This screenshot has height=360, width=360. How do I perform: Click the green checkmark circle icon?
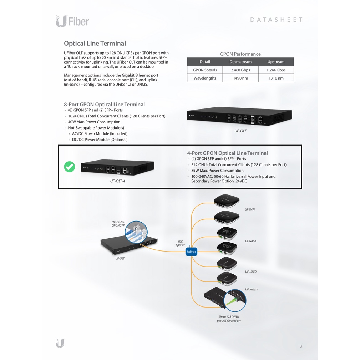coord(70,167)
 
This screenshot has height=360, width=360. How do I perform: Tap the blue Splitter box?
coord(191,252)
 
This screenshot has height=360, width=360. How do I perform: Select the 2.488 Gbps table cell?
coord(240,70)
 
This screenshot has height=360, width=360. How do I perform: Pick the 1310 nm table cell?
coord(276,78)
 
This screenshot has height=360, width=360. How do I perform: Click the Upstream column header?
coord(276,62)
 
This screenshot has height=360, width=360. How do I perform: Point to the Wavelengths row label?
coord(205,78)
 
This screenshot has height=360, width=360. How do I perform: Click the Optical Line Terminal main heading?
coord(95,44)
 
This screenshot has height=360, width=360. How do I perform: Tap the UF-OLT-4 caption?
coord(117,181)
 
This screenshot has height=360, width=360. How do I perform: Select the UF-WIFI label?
coord(250,209)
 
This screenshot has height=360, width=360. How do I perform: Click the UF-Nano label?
coord(250,241)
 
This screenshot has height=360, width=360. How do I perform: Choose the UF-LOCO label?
coord(250,272)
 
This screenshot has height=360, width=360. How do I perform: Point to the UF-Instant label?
coord(252,289)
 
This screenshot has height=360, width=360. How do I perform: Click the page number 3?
coord(300,346)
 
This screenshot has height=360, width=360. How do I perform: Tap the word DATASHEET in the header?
coord(276,20)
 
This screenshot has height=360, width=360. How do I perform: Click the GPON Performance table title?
coord(240,54)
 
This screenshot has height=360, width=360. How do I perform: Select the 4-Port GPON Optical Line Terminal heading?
coord(227,153)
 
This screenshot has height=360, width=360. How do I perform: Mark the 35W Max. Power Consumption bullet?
coord(217,171)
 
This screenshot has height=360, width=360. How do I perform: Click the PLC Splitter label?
coord(180,243)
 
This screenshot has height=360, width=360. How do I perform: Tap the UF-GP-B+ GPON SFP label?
coord(118,224)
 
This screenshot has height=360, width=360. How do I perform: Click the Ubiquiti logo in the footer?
coord(60,343)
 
